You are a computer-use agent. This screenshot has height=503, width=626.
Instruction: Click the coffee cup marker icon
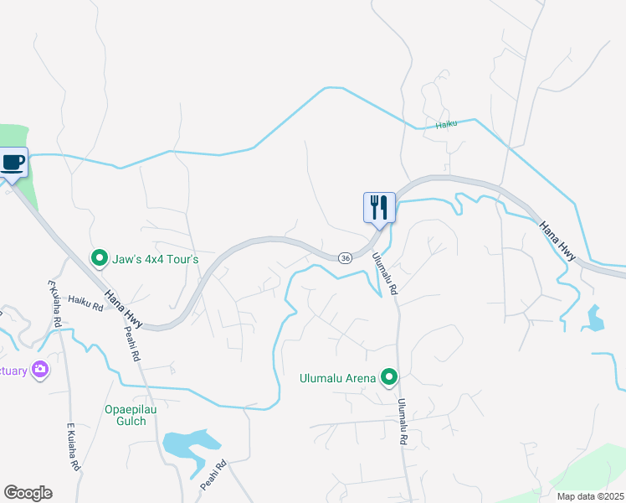point(13,162)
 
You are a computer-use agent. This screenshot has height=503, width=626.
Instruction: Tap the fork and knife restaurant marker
point(379,206)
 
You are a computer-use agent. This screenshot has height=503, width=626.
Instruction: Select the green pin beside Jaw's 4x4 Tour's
point(100,258)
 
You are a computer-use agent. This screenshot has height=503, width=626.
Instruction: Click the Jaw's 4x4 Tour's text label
point(156,259)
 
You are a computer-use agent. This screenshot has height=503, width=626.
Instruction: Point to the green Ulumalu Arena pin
point(388,378)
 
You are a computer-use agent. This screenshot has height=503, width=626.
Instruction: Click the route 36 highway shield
point(344,258)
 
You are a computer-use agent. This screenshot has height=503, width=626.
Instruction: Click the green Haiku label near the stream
point(447,126)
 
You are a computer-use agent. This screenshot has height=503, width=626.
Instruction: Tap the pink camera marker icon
point(39,370)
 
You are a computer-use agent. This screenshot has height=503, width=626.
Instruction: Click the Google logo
point(28,493)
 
